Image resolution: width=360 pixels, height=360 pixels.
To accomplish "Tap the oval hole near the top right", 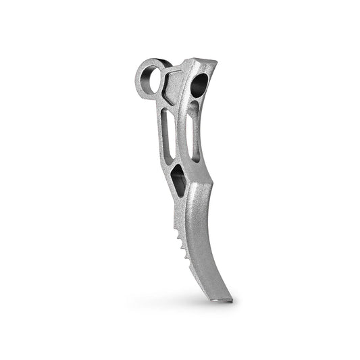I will (x=201, y=86).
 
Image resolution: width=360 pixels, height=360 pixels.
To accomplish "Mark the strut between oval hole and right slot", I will (x=197, y=102).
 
